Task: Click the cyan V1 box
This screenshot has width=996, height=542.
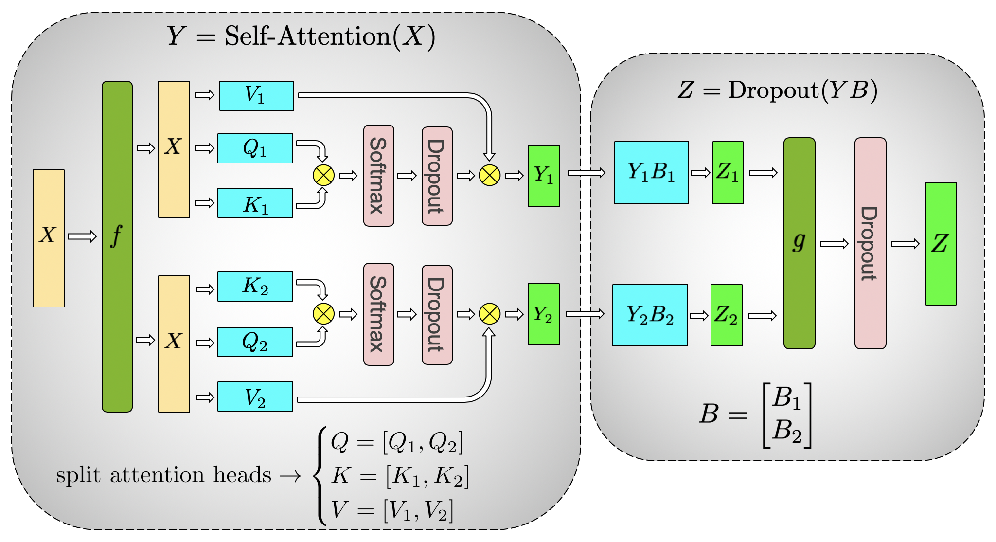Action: point(256,96)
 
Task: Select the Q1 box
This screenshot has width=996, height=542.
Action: point(255,148)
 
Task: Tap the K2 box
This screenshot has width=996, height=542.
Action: point(255,287)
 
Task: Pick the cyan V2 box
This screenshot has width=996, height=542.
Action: point(255,397)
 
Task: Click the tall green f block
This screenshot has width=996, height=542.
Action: point(117,246)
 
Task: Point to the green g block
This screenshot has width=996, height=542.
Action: point(799,243)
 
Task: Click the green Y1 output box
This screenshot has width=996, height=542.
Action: point(543,176)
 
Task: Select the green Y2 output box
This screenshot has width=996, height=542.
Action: point(543,314)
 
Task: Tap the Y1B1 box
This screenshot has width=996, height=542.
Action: point(651,173)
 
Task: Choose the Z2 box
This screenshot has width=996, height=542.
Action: point(726,315)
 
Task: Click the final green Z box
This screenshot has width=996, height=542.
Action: point(941,244)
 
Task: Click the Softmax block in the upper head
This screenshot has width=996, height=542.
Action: point(378,176)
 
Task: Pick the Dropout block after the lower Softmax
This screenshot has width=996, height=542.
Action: point(437,315)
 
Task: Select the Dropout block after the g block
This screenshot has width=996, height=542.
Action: point(870,243)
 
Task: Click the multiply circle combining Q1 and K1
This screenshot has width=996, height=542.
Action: point(323,175)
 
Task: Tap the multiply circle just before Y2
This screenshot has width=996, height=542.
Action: point(489,314)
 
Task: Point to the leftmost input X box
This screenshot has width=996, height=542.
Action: point(49,238)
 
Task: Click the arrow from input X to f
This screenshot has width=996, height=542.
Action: point(82,236)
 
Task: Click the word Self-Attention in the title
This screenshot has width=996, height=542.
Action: point(307,36)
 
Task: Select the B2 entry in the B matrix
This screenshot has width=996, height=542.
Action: point(786,430)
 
